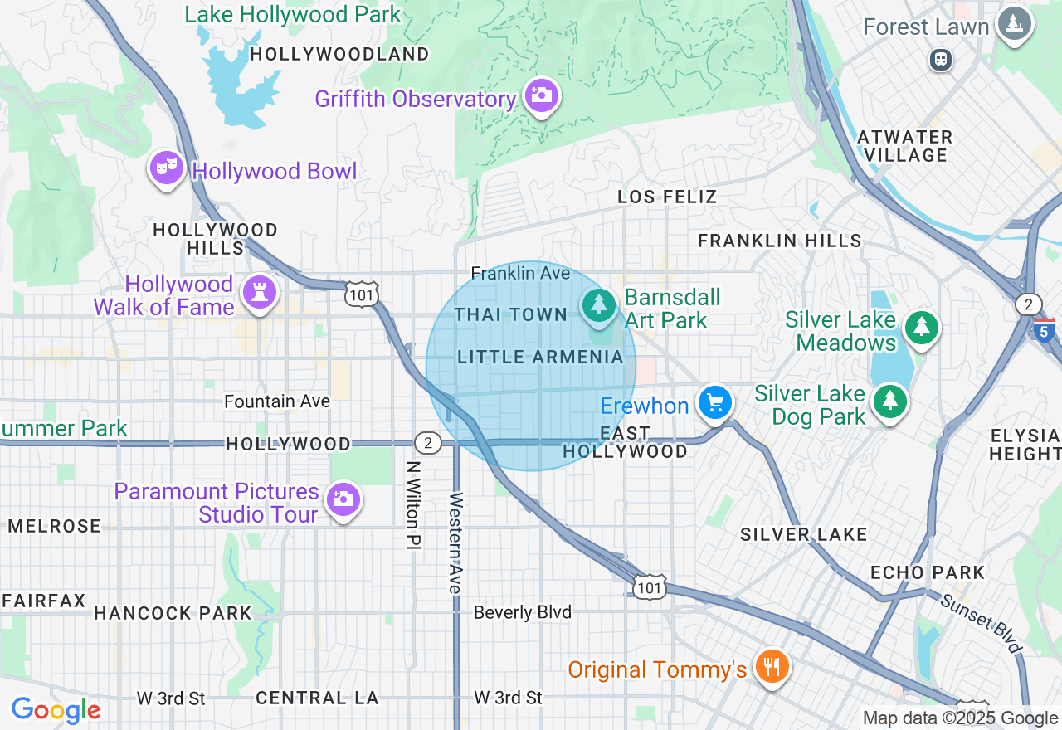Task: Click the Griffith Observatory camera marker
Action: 541,96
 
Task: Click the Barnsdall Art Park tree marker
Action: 598,305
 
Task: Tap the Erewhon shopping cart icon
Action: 714,404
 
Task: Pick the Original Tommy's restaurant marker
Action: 772,666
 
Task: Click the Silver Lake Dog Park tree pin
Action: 889,402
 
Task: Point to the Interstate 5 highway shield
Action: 1045,330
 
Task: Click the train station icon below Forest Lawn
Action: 941,60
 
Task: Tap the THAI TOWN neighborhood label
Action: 511,315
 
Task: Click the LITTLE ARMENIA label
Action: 540,358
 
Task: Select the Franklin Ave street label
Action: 520,273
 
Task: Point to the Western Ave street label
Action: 455,543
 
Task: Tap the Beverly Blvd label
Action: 522,612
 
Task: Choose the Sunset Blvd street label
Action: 981,623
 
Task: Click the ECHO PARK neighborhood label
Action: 927,573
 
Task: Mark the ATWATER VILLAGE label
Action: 904,146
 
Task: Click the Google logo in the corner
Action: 56,711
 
